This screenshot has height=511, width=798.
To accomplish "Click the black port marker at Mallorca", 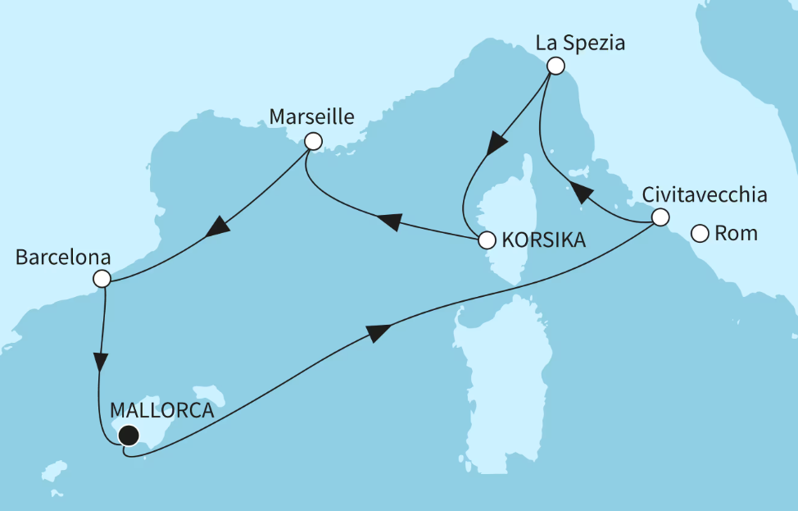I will point(128,436).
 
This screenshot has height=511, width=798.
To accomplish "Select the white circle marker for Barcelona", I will point(102,279).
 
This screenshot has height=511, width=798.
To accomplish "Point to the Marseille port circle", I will point(312,141).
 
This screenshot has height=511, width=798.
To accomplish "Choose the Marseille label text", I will point(311,117).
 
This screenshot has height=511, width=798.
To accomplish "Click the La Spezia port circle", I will point(555,66).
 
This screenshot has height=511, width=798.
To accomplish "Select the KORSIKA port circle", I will point(486,240).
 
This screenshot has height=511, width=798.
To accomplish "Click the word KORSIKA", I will point(543,240).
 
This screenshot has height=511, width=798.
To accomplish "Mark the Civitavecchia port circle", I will point(660,218).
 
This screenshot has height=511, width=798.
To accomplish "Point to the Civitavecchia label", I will point(705,195).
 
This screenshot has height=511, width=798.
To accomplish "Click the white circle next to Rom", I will point(700,234).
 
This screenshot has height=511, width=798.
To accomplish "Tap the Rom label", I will point(737,234).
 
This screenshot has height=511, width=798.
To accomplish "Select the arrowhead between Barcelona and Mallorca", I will point(100,363).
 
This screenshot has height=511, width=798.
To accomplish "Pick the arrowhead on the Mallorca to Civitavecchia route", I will point(378,331).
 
